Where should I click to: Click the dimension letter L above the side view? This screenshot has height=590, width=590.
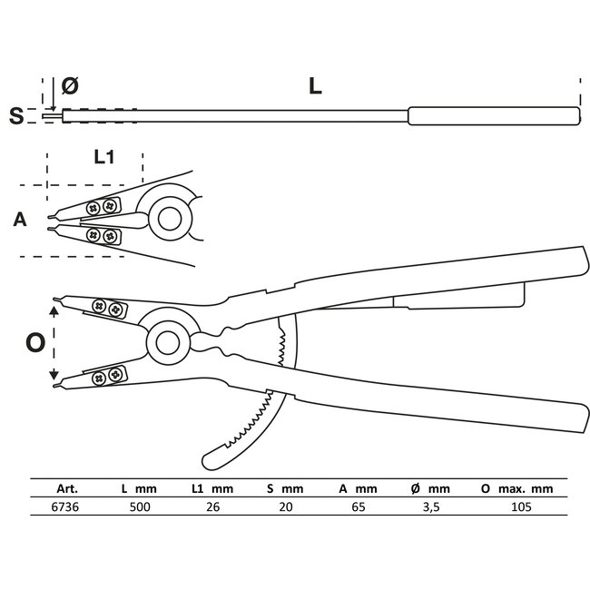pyautogui.click(x=314, y=87)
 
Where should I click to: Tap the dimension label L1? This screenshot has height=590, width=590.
pyautogui.click(x=104, y=156)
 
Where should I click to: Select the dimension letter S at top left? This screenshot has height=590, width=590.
pyautogui.click(x=15, y=115)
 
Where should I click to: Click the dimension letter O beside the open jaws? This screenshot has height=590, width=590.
pyautogui.click(x=34, y=343)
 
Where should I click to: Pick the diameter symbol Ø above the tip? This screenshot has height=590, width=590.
pyautogui.click(x=71, y=86)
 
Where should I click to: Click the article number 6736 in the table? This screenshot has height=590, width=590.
pyautogui.click(x=54, y=506)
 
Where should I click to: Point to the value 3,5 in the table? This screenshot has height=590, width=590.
pyautogui.click(x=431, y=506)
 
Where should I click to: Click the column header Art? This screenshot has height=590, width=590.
pyautogui.click(x=54, y=488)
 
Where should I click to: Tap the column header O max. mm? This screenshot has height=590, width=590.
pyautogui.click(x=516, y=488)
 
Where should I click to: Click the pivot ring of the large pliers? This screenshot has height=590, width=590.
pyautogui.click(x=167, y=341)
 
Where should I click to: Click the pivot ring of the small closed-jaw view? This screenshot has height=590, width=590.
pyautogui.click(x=168, y=219)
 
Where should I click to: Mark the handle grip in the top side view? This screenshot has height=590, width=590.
pyautogui.click(x=494, y=116)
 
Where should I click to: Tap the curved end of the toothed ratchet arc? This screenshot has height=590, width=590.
pyautogui.click(x=208, y=457)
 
